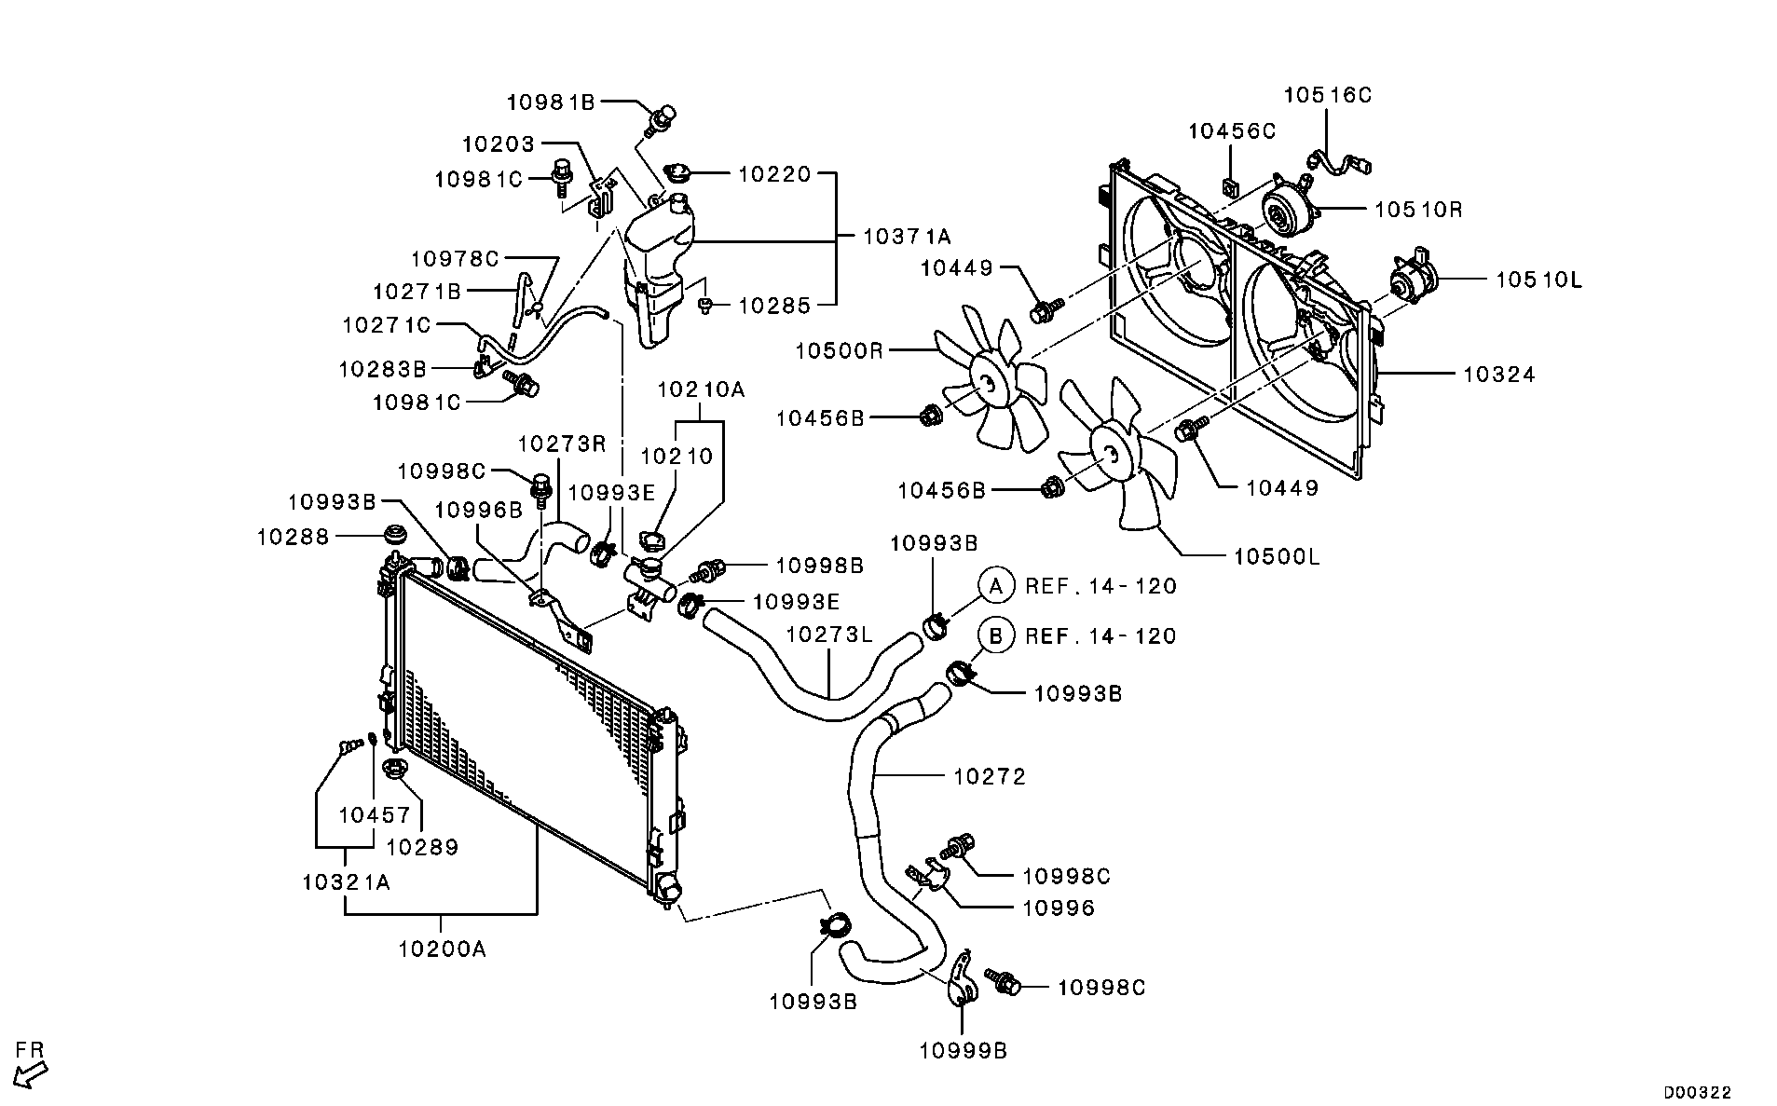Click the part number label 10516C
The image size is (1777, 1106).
pyautogui.click(x=1327, y=95)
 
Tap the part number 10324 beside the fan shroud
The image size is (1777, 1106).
pyautogui.click(x=1498, y=375)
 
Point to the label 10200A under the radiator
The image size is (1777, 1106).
pyautogui.click(x=442, y=949)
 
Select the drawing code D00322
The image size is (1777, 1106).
pyautogui.click(x=1698, y=1092)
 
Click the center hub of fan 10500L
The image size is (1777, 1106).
pyautogui.click(x=1108, y=454)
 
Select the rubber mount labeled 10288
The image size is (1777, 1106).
pyautogui.click(x=396, y=536)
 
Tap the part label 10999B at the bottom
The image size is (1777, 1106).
pyautogui.click(x=964, y=1051)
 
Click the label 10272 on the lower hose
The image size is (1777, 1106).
pyautogui.click(x=989, y=776)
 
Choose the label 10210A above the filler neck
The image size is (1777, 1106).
pyautogui.click(x=701, y=389)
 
